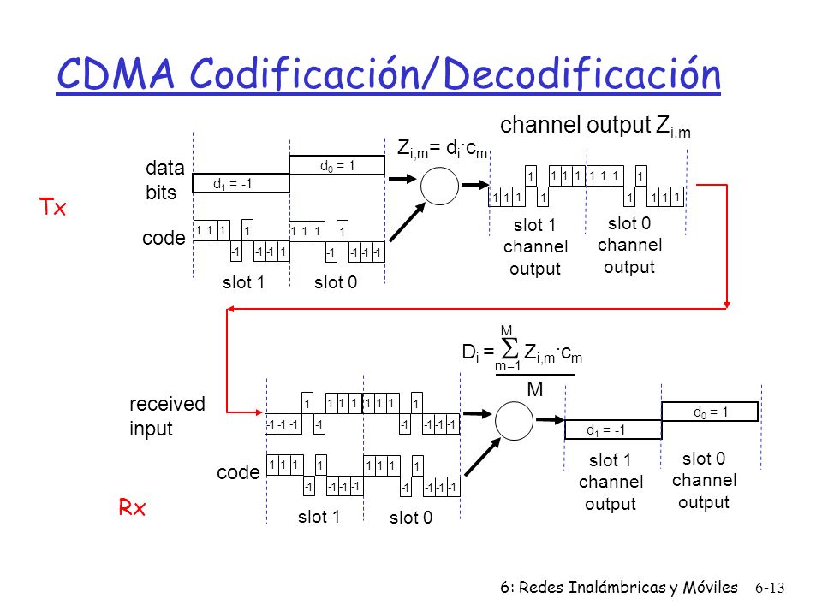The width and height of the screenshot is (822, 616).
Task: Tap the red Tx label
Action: pos(52,207)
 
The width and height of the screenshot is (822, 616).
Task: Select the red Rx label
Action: pos(132,507)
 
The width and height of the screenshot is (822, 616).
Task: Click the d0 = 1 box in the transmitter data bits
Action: pos(337,165)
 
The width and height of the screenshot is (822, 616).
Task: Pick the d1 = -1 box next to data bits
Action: pos(241,183)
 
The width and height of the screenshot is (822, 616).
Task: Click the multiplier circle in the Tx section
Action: pos(439,186)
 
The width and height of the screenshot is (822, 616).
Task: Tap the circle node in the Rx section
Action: pos(515,421)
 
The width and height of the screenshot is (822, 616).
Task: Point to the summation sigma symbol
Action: pos(509,348)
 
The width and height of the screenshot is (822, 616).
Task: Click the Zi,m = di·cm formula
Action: pos(443,149)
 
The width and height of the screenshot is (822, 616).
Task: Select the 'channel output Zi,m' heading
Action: pos(595,127)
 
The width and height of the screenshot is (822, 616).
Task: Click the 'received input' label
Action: pos(167,416)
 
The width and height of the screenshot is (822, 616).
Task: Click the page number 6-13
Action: pos(770,589)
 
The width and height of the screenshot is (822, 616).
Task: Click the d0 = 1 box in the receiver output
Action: pos(710,412)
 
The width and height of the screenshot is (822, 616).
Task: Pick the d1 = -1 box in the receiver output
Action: pos(613,430)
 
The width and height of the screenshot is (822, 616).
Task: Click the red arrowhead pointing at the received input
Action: pos(259,412)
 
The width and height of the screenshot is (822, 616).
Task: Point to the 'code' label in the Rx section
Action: pos(238,472)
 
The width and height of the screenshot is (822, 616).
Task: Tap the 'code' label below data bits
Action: pos(164,238)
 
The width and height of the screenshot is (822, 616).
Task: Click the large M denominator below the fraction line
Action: pos(534,389)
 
